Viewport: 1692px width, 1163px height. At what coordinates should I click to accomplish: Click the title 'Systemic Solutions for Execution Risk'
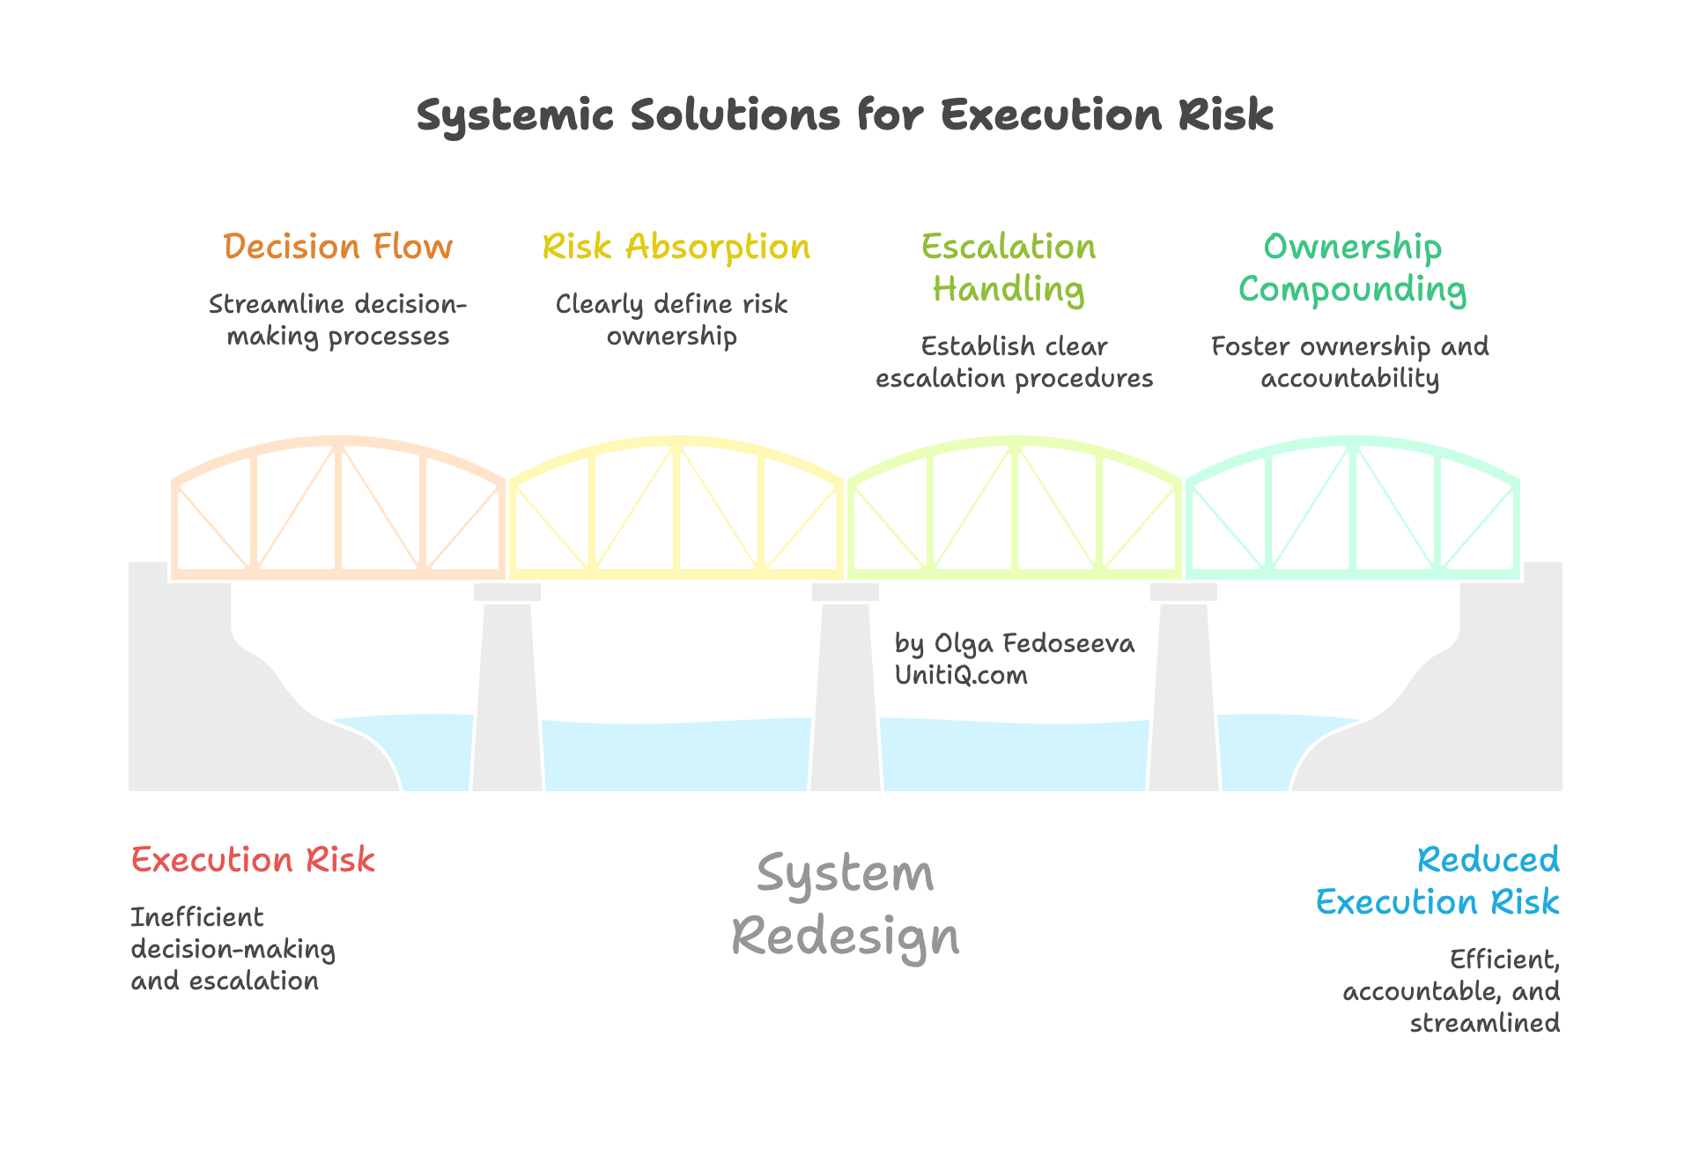point(845,115)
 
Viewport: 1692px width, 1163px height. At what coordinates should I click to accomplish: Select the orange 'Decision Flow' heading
point(337,247)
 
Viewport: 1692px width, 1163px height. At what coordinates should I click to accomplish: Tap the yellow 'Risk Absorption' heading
point(676,247)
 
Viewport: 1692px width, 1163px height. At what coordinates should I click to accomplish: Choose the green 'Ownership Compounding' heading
point(1352,268)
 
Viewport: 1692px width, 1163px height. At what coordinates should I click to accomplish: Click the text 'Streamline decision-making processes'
point(337,320)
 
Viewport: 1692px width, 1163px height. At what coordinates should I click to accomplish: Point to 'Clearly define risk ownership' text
point(671,320)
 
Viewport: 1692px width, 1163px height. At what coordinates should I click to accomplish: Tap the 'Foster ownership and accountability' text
point(1349,362)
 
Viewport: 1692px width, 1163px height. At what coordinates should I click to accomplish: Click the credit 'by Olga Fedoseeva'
point(1014,644)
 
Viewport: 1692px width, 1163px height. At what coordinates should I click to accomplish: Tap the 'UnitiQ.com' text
point(961,676)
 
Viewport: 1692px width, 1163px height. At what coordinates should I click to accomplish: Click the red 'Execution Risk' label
point(253,860)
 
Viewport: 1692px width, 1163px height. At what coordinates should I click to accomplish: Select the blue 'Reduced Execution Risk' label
point(1444,881)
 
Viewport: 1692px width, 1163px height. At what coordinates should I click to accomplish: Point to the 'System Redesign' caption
point(845,905)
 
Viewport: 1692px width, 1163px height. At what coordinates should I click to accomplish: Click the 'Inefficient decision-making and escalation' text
point(232,949)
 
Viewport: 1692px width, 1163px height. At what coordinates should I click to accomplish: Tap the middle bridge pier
point(845,696)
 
